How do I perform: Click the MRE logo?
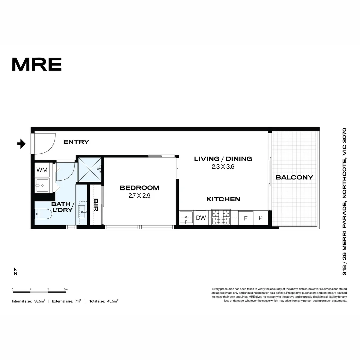37,64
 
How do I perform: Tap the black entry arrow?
22,144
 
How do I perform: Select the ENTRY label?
76,142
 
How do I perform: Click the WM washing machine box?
42,170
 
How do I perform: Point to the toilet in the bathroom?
44,214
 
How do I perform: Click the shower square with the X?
90,169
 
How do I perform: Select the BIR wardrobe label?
96,207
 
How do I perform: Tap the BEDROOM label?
139,188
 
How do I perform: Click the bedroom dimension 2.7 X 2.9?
139,196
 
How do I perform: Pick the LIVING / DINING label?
223,159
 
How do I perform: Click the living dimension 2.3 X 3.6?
223,167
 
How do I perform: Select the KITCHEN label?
223,199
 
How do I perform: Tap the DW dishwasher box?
201,218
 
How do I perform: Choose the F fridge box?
246,218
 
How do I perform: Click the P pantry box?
261,218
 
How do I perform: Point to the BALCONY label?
294,177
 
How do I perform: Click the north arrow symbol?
15,271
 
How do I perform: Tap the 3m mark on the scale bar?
66,289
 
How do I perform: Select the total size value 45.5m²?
112,301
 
